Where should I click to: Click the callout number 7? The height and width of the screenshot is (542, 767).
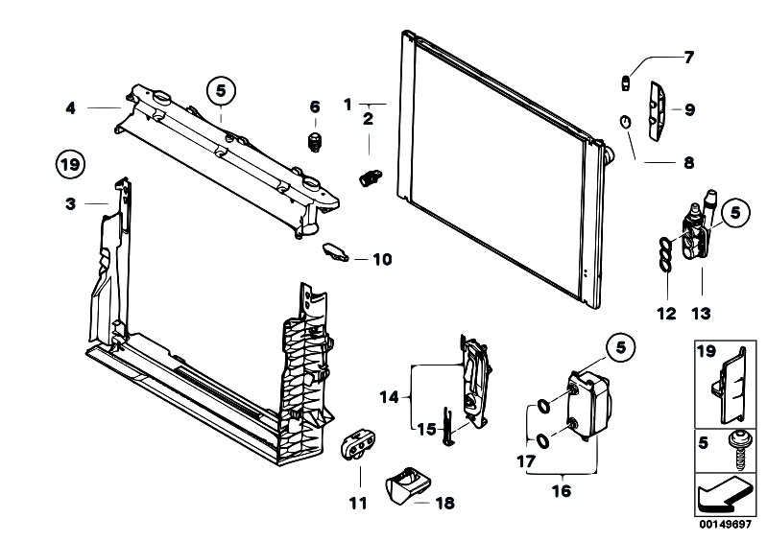tap(688, 58)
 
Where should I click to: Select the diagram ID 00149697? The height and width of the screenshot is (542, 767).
tap(725, 525)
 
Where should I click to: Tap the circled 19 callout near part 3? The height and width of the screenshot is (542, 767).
tap(70, 164)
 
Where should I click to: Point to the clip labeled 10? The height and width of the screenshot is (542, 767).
tap(336, 251)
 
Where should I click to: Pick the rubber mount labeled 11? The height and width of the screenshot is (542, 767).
tap(358, 444)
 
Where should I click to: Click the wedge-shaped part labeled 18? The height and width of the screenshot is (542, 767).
tap(408, 484)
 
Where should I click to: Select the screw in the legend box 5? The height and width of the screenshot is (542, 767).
tap(738, 451)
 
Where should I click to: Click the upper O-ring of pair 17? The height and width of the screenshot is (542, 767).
tap(543, 406)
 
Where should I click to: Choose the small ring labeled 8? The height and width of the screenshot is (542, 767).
tap(626, 122)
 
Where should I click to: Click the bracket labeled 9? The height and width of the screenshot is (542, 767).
tap(657, 111)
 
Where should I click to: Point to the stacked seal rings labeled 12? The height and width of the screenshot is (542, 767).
tap(665, 254)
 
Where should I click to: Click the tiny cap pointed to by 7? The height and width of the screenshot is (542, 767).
tap(625, 83)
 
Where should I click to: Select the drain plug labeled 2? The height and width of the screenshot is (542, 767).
tap(371, 177)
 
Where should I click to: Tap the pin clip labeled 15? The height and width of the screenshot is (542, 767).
tap(448, 426)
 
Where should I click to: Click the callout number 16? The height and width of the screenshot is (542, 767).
tap(562, 491)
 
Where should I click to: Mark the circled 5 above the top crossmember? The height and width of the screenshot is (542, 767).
tap(221, 91)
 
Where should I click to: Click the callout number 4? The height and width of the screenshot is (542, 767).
tap(71, 108)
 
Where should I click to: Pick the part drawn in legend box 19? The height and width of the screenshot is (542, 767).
tap(729, 387)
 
